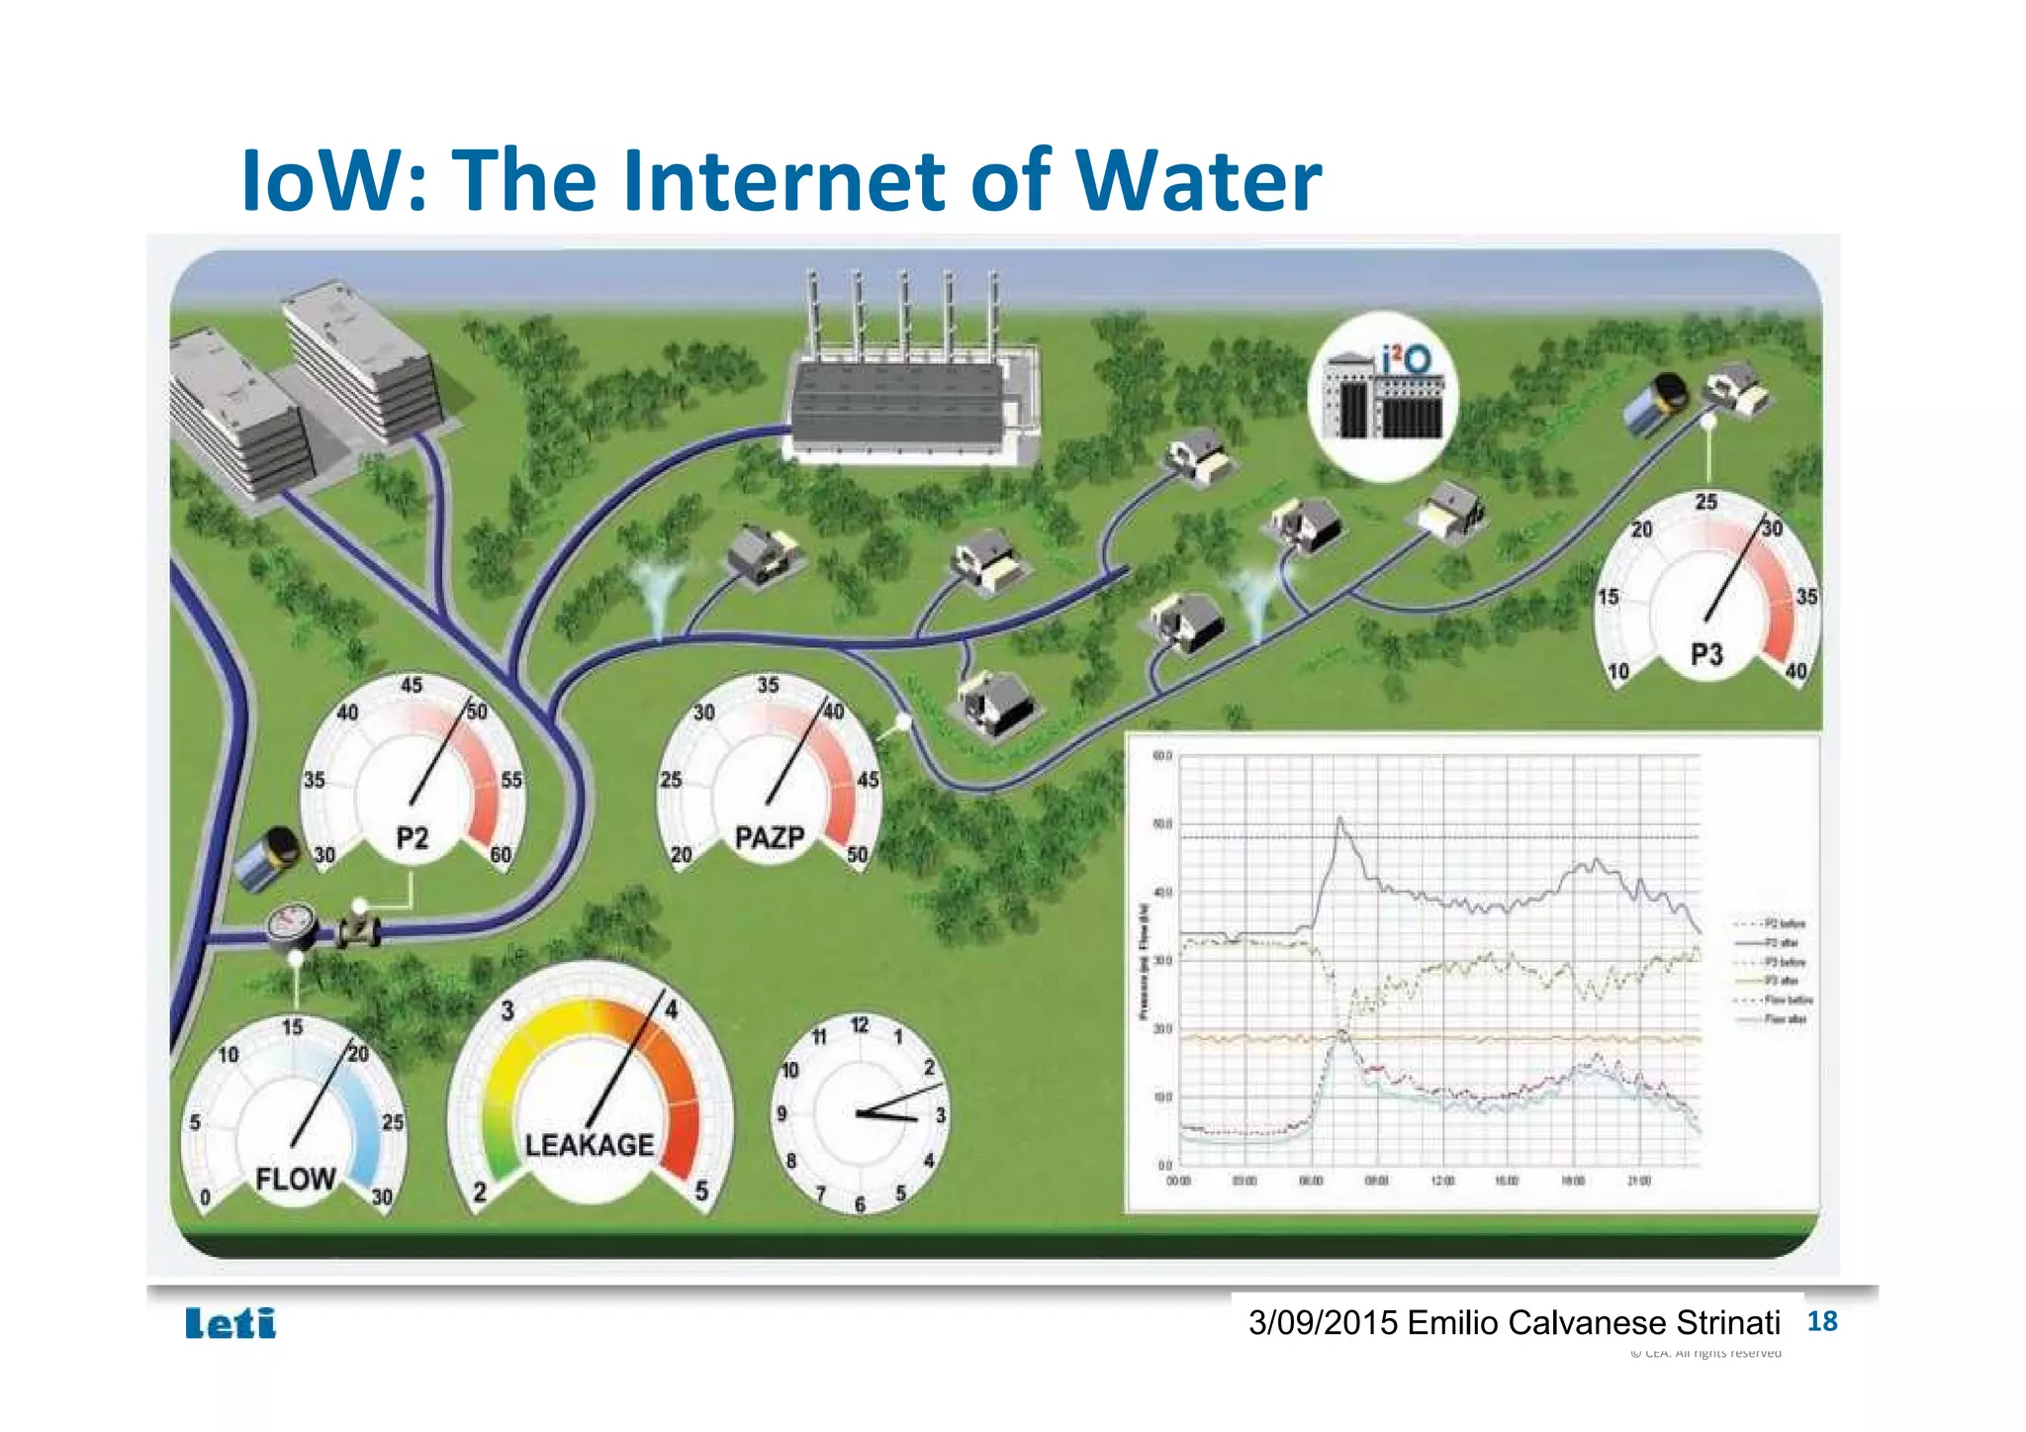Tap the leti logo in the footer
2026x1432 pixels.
click(230, 1323)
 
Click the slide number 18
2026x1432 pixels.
click(1821, 1321)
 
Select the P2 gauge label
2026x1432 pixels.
click(413, 839)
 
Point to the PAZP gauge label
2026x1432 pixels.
click(769, 838)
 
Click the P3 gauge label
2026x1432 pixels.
click(1706, 654)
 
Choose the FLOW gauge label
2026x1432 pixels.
click(295, 1179)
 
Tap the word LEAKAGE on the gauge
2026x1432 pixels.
click(590, 1145)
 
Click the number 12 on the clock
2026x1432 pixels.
click(860, 1026)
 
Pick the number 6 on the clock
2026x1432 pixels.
click(860, 1204)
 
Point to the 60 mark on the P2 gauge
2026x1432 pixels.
click(501, 854)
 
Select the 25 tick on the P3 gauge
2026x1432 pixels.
click(1706, 502)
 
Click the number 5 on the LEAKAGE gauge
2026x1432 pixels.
click(701, 1191)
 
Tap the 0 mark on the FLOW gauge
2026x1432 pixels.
click(205, 1197)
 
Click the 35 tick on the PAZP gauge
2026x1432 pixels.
click(768, 685)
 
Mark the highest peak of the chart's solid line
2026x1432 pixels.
click(1339, 818)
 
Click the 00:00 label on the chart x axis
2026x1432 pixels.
click(1179, 1182)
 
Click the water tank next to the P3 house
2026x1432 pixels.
click(1655, 404)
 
